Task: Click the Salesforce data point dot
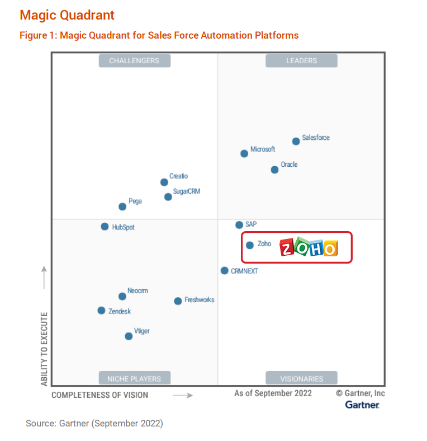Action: coord(296,141)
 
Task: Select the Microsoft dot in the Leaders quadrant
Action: coord(244,153)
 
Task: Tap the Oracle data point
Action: coord(274,170)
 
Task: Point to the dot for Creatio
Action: coord(164,182)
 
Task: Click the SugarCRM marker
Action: coord(168,196)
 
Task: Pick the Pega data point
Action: coord(122,207)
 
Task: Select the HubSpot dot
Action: coord(105,227)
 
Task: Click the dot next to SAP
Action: coord(239,225)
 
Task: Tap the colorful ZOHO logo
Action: coord(309,247)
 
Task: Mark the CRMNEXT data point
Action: coord(225,271)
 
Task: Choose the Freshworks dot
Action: coord(178,301)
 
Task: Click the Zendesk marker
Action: coord(101,311)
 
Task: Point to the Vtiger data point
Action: coord(129,336)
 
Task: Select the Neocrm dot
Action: coord(122,297)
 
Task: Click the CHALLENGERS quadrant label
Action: coord(134,61)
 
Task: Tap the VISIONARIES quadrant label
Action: coord(302,378)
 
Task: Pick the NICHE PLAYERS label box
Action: coord(134,378)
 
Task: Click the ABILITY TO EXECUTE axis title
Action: coord(44,349)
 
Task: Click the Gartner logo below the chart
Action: coord(362,404)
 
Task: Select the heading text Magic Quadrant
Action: coord(67,15)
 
